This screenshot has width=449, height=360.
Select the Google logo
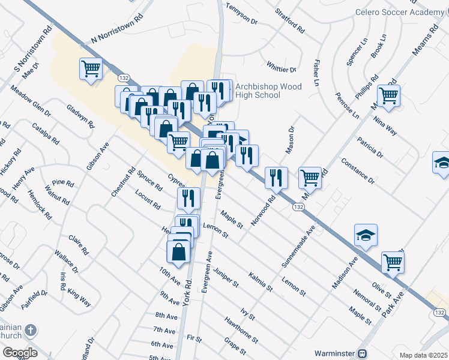tap(19, 353)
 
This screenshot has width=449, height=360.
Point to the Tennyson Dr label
tap(241, 14)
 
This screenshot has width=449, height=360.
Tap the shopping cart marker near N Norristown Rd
tap(91, 69)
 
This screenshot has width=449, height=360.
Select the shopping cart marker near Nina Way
tap(388, 95)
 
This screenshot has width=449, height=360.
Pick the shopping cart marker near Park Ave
tap(392, 262)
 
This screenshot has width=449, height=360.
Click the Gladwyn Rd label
tap(81, 116)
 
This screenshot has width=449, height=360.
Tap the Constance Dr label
tap(357, 171)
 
